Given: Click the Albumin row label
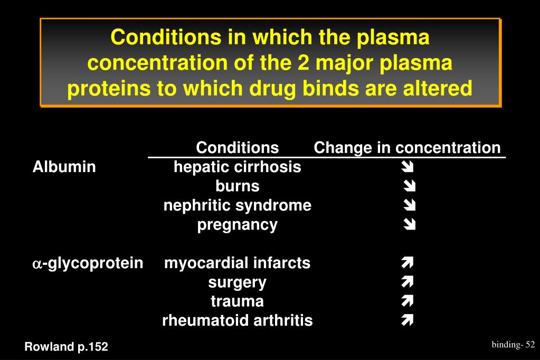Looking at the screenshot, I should point(64,167).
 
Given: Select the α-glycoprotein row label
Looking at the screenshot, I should point(88,263).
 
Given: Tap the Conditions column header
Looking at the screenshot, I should point(237,148).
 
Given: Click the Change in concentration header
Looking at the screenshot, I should point(407,148).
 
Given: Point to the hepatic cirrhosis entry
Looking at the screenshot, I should point(238,167).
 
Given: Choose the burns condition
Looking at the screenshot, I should point(238,186).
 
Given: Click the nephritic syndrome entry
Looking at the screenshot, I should point(238,205).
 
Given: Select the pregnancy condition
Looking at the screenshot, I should point(238,225).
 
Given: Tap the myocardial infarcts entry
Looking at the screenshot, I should point(238,263).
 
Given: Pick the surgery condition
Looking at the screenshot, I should point(238,282).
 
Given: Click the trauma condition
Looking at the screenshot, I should point(238,301).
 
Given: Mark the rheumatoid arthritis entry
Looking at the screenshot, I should point(238,320).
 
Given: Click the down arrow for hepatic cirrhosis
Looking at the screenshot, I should point(407,168).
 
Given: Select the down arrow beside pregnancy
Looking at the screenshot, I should point(409,225).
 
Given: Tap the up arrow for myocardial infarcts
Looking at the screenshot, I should point(407,263).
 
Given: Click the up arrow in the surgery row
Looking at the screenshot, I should point(407,282).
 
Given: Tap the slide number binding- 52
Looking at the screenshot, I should point(514,345).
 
